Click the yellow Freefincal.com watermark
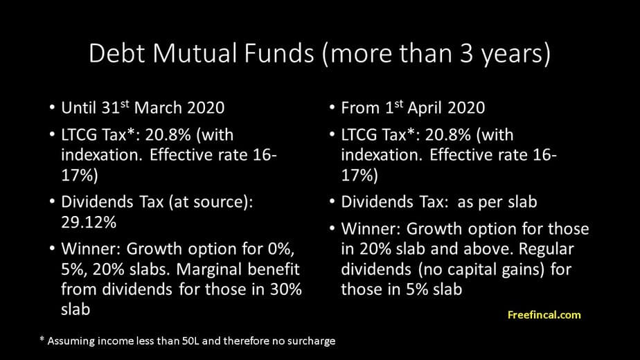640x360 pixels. coord(544,315)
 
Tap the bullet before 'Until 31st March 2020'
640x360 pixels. coord(53,109)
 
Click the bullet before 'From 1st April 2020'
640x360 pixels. coord(332,109)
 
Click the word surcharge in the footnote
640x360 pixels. coord(311,341)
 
